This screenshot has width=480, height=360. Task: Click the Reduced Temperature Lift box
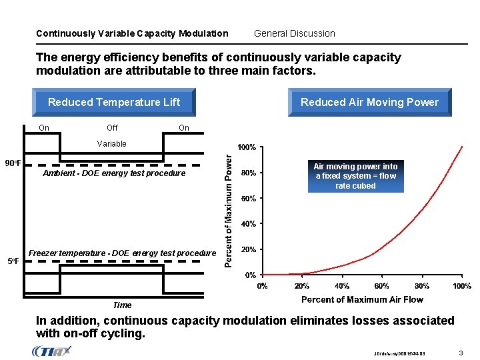pos(114,102)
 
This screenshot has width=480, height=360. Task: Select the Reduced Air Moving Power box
pos(369,102)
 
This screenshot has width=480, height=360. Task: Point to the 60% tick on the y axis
pos(249,199)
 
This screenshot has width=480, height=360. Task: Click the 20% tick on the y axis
pos(249,249)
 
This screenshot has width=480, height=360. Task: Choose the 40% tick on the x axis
pos(341,286)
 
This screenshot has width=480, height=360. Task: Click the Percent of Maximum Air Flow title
pos(362,299)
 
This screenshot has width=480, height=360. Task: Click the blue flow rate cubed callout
pos(355,176)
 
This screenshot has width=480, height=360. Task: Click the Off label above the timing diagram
pos(112,127)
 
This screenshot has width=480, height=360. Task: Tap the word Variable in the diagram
pos(111,143)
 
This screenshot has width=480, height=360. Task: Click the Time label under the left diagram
pos(122,305)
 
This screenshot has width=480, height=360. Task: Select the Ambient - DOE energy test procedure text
pos(113,173)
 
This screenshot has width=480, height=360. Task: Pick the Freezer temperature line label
pos(122,253)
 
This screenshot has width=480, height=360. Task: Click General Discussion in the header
pos(295,33)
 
